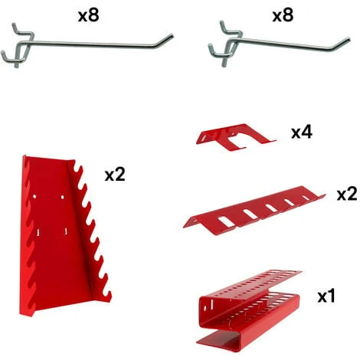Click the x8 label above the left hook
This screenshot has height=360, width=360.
[x=88, y=15]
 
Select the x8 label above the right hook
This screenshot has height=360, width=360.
[x=283, y=15]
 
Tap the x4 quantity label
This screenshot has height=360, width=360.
[x=302, y=133]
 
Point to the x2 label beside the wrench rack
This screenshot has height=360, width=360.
[x=115, y=175]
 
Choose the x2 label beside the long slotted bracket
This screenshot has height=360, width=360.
[x=347, y=195]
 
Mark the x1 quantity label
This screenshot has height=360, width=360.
[x=326, y=296]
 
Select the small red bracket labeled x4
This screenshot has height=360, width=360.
[x=236, y=137]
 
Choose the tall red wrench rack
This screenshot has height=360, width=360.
[x=65, y=235]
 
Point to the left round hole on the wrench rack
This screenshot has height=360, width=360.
[x=34, y=197]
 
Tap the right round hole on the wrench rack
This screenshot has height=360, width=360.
[x=62, y=197]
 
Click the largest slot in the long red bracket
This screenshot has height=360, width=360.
[x=226, y=221]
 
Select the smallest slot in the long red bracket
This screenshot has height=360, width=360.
[x=306, y=198]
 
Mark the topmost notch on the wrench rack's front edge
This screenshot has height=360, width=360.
[x=77, y=169]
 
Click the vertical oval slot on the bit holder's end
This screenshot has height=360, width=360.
[x=211, y=303]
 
